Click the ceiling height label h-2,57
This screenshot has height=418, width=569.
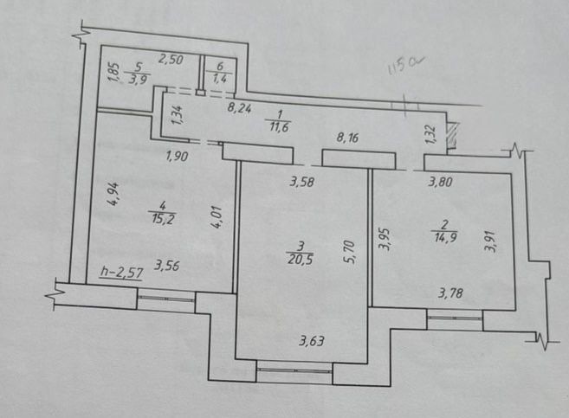(120, 273)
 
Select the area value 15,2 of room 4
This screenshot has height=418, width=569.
(159, 218)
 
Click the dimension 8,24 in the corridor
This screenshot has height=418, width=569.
(240, 109)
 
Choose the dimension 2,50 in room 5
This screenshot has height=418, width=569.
(170, 59)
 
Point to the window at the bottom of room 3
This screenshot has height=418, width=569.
(294, 371)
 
